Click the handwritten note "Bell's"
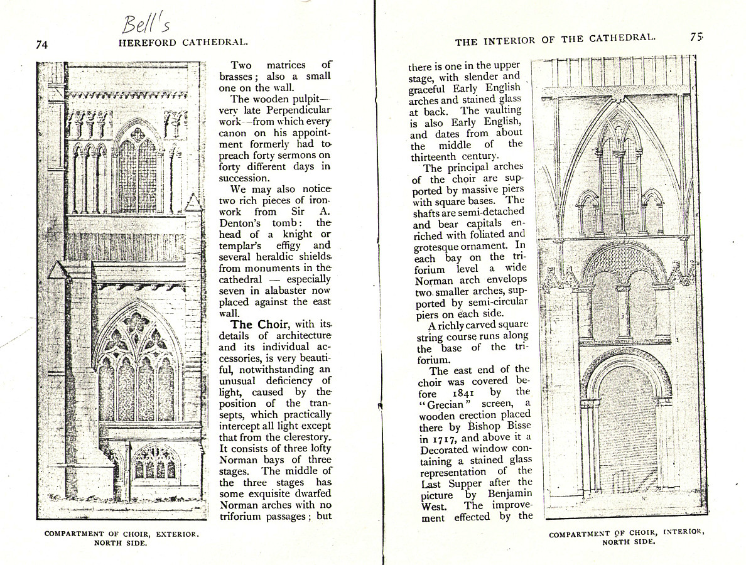146,24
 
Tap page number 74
42,44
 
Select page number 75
696,37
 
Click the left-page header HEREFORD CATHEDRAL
183,43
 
